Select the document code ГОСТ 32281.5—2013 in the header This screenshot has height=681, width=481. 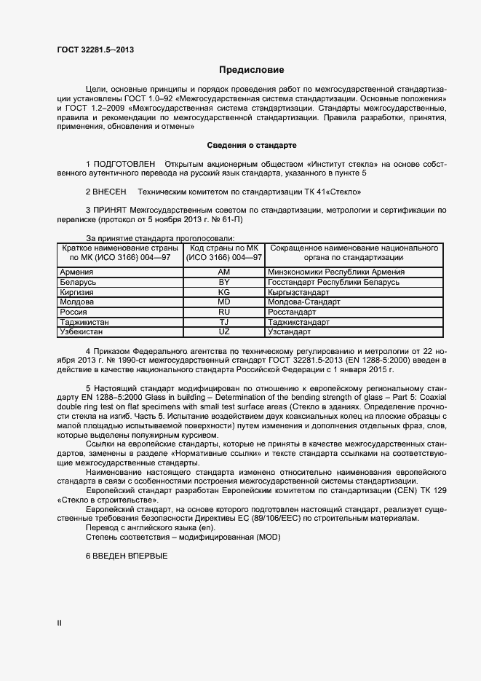coord(95,50)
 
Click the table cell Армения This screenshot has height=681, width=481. coord(76,272)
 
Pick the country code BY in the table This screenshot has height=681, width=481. coord(224,282)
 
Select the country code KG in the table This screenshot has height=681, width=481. coord(224,292)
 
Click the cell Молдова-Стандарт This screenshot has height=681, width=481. coord(304,302)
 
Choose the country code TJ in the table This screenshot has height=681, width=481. coord(224,322)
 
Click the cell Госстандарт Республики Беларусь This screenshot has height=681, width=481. coord(334,282)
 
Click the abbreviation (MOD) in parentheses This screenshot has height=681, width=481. coord(268,537)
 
